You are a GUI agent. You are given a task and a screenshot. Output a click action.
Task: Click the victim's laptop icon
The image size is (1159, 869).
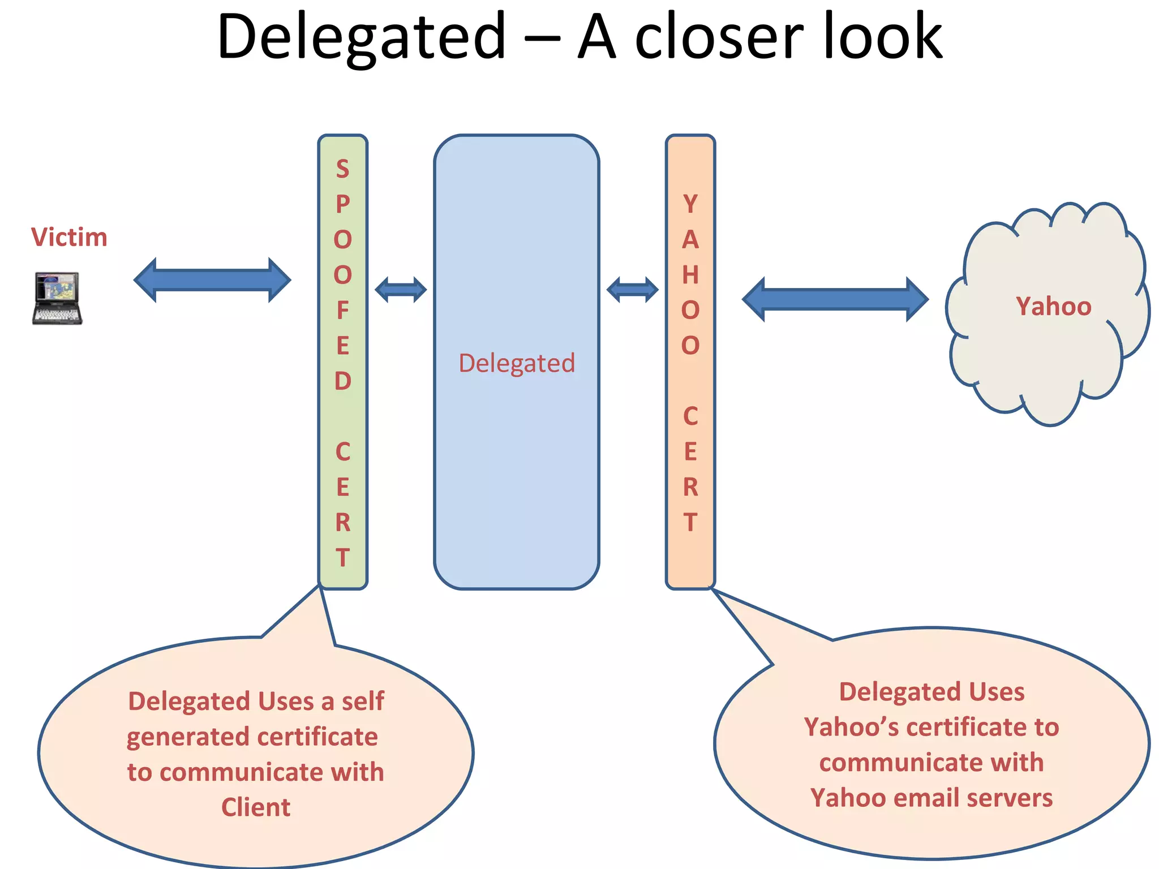click(x=57, y=298)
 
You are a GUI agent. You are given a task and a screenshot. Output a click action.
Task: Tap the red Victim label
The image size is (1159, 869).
click(x=69, y=237)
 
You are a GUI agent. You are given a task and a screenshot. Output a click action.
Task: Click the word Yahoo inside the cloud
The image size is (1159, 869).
click(x=1053, y=306)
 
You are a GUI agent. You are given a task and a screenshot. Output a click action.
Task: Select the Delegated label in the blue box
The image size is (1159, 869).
click(x=517, y=363)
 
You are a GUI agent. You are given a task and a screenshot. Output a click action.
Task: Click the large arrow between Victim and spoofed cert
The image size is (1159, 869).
click(x=212, y=280)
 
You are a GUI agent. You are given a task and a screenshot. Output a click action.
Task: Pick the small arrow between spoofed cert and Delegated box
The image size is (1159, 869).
click(x=401, y=290)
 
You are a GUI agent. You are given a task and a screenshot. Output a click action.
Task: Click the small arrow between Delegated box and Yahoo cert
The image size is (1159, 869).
click(x=632, y=290)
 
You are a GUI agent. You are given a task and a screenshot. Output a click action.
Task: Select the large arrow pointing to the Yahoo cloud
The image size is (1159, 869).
click(x=835, y=299)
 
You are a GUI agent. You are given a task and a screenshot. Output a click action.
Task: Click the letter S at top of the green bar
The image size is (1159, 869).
click(x=342, y=169)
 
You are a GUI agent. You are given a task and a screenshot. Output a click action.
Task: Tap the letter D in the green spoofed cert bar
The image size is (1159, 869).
click(x=342, y=381)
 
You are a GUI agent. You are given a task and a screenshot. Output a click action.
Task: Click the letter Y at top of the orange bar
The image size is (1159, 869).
click(x=690, y=204)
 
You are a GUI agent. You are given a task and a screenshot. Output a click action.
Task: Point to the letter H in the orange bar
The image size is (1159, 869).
click(x=690, y=275)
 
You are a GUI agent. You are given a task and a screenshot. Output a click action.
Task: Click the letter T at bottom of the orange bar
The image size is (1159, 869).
click(x=690, y=522)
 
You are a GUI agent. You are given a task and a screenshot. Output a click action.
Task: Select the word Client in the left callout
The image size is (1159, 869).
click(x=256, y=807)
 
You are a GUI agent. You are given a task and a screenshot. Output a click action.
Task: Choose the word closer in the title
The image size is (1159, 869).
click(x=719, y=37)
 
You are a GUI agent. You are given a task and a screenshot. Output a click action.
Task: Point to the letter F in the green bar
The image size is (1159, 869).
click(x=342, y=310)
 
